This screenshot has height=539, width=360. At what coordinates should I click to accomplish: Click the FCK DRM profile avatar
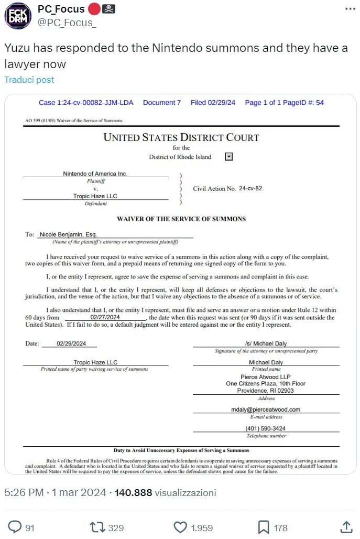point(18,16)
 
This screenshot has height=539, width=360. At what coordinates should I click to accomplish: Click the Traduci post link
point(29,80)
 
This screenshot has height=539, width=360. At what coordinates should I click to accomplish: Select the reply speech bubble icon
point(16,526)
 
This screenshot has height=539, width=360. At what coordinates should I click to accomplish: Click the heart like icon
point(180,526)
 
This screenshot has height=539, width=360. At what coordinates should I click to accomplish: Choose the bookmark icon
point(264,526)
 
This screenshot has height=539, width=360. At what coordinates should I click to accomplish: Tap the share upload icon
point(346,526)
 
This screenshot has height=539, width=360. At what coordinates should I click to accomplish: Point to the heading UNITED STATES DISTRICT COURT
point(181,138)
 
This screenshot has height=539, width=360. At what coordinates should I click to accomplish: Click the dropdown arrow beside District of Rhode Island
point(228,156)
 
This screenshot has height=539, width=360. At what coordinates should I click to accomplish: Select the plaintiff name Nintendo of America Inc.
point(95,174)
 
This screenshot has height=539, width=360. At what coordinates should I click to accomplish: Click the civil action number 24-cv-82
point(250,188)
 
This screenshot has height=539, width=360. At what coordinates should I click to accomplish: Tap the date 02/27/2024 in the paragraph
point(105,317)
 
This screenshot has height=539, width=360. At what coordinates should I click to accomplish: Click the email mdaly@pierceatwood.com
point(266,409)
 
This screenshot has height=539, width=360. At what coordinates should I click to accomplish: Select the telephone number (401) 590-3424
point(266,428)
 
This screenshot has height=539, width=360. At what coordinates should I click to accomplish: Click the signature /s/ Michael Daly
point(266,343)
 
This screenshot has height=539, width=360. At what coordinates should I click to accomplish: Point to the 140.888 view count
point(133,493)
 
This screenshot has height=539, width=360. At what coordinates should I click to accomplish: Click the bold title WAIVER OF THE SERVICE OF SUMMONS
point(181,219)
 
